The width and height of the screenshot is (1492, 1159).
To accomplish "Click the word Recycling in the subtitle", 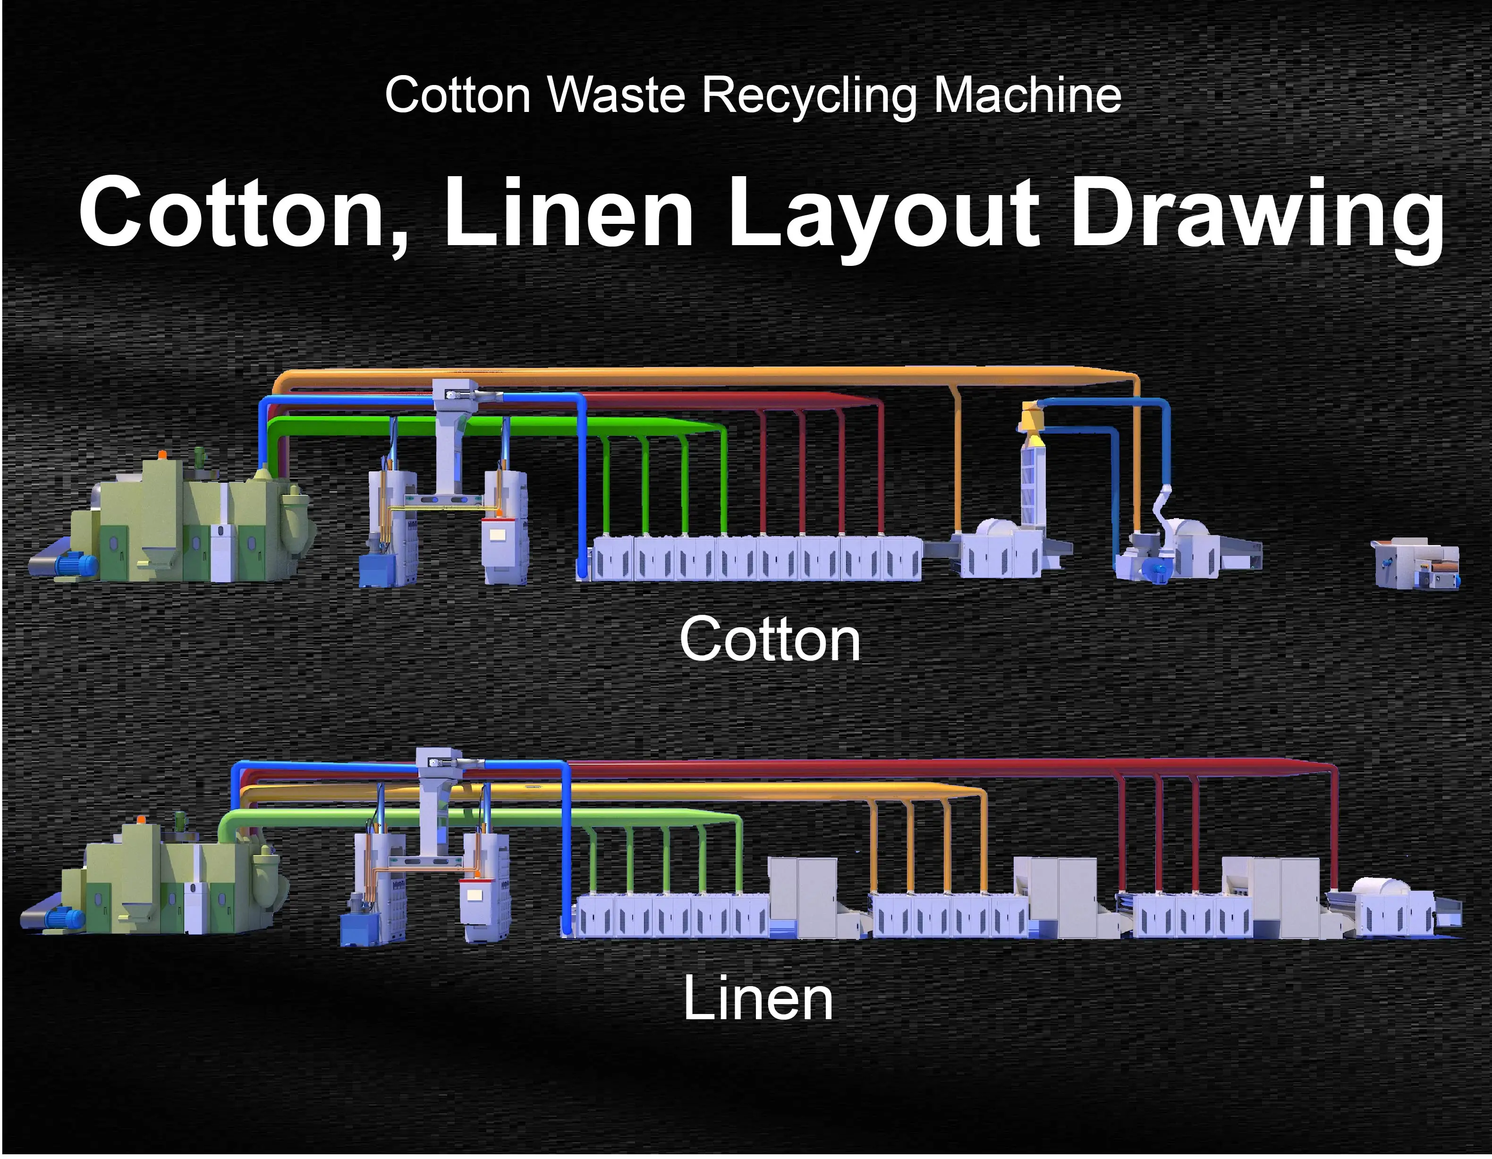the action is coord(810,96).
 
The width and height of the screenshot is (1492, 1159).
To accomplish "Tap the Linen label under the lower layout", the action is coord(758,998).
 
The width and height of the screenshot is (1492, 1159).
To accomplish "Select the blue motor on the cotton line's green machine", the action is coord(76,564).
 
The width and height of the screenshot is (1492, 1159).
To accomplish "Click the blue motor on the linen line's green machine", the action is coord(64,917).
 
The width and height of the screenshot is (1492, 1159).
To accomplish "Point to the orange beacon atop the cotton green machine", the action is coord(162,454).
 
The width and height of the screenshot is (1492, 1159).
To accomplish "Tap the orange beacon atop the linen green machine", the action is coord(141,818).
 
